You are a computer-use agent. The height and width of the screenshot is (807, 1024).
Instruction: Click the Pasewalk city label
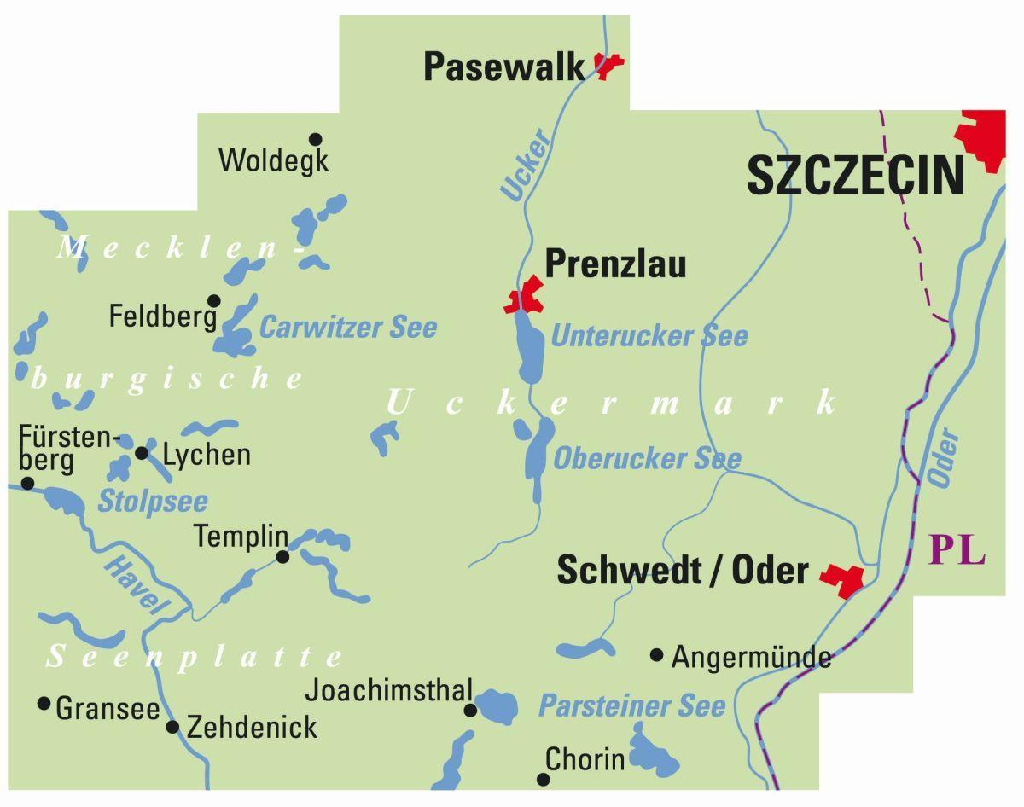click(503, 67)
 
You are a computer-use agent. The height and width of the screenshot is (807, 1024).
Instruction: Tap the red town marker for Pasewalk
click(608, 65)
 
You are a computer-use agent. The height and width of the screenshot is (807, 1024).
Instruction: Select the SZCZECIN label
click(855, 176)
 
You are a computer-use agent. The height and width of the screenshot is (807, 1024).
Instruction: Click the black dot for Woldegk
click(316, 139)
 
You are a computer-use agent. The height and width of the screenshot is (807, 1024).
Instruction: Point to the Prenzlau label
click(615, 264)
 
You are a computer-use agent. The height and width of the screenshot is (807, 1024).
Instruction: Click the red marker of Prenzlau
click(524, 297)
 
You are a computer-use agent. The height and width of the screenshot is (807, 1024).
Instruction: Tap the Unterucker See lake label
click(649, 336)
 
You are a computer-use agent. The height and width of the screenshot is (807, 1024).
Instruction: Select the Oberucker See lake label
click(647, 459)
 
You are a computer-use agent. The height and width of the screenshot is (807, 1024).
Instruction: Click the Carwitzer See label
click(348, 328)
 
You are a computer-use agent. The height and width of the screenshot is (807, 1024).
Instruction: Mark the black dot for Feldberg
click(214, 300)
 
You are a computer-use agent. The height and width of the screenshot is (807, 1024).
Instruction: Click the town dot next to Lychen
click(142, 452)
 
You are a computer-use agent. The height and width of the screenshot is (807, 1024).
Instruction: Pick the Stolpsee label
click(153, 502)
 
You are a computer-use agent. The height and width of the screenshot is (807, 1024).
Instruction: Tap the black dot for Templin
click(282, 557)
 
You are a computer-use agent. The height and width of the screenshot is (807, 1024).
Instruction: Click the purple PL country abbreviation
click(957, 549)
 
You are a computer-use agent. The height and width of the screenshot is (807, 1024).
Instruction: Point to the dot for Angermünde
click(656, 655)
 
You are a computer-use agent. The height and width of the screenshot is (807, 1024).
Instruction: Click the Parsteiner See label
click(631, 706)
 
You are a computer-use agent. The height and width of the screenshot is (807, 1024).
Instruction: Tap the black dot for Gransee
click(44, 704)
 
